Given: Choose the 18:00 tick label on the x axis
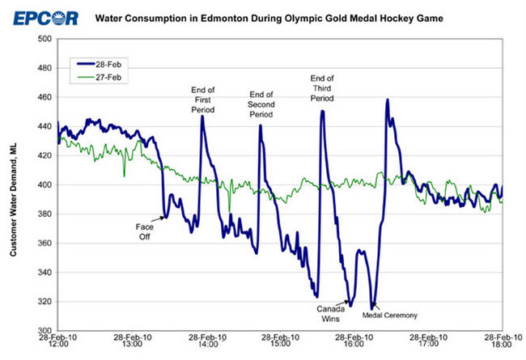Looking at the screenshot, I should point(503,344).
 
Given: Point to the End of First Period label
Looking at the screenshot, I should point(202,98).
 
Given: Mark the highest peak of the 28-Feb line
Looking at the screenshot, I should point(388,100).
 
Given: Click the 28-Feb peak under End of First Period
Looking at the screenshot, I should point(201,116).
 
